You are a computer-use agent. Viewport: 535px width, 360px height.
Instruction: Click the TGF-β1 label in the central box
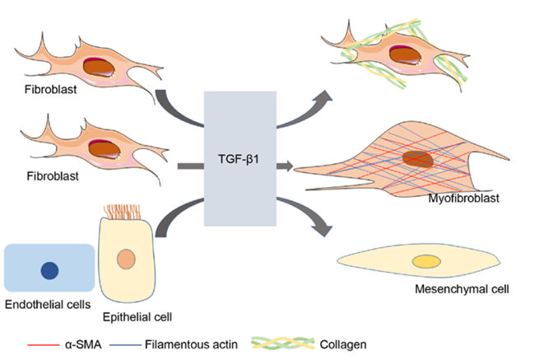tap(239, 159)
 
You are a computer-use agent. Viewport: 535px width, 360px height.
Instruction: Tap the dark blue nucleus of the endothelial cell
tap(50, 270)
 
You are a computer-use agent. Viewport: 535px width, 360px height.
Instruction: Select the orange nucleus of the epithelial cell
tap(126, 259)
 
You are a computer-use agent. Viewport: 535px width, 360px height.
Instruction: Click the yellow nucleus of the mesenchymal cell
tap(426, 262)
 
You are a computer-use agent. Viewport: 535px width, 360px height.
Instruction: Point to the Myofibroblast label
tap(463, 198)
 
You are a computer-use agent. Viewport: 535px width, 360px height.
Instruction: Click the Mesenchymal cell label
tap(462, 289)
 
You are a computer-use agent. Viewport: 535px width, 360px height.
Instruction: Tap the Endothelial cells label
tap(48, 304)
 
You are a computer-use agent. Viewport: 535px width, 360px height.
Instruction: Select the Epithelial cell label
tap(137, 317)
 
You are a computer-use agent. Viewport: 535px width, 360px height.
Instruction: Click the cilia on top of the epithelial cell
tap(122, 212)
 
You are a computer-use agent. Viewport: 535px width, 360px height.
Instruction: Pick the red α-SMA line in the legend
tap(44, 345)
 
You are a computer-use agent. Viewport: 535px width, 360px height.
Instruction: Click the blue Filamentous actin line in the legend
tap(125, 345)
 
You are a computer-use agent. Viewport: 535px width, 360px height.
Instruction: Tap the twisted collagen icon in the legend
tap(282, 344)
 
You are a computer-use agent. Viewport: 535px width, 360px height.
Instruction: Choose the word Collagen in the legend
tap(343, 344)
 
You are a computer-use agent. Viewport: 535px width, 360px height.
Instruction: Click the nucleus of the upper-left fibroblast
tap(99, 68)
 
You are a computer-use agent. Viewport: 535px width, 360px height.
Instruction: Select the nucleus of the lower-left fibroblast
tap(105, 149)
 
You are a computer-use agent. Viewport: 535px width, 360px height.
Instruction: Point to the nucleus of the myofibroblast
tap(417, 159)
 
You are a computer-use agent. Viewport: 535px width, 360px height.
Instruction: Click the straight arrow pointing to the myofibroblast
tap(285, 166)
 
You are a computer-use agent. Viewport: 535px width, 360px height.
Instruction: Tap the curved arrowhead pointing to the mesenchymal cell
tap(324, 229)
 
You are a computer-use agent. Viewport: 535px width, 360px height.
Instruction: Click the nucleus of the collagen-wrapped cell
tap(405, 55)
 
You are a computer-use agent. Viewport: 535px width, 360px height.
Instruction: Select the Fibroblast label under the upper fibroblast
tap(50, 90)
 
